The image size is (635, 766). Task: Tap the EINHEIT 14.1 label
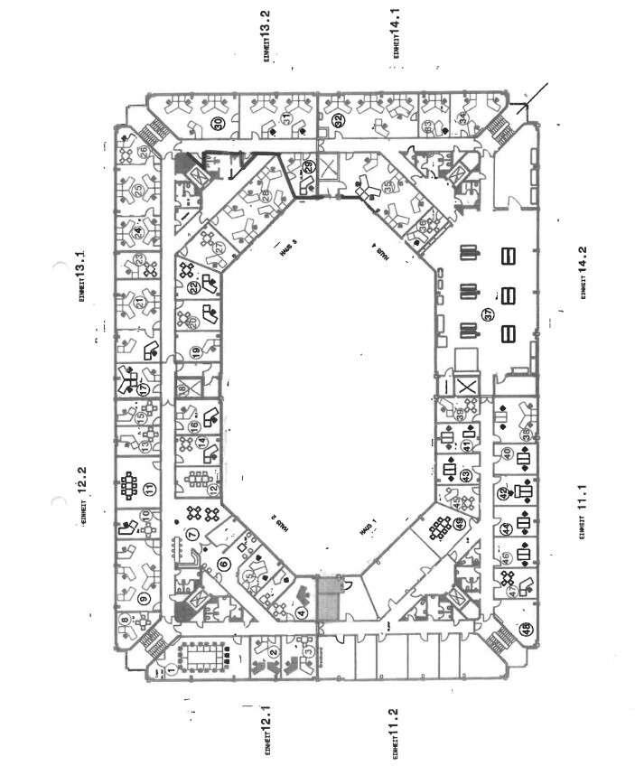396,34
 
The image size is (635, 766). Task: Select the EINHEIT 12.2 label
81,495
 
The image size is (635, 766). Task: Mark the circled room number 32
338,120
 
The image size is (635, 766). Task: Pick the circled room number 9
144,597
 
